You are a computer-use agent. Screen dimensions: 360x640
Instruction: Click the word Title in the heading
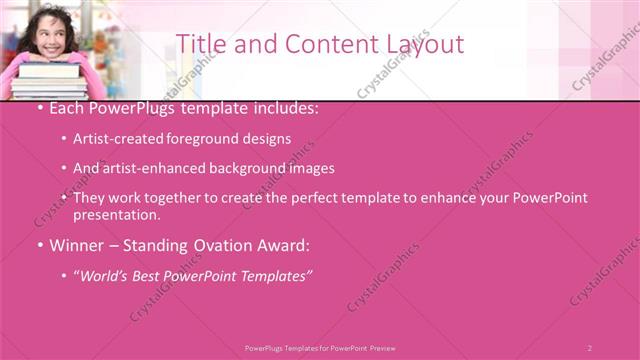pos(199,43)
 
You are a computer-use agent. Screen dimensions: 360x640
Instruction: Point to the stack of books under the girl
pos(48,81)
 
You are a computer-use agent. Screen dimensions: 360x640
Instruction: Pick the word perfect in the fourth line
pos(329,198)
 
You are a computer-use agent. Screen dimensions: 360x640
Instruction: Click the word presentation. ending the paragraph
pos(116,215)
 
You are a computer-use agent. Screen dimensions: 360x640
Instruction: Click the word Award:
pos(286,245)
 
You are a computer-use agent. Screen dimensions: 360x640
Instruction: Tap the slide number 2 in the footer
pos(590,347)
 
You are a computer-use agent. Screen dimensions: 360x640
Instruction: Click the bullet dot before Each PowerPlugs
pos(38,107)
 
